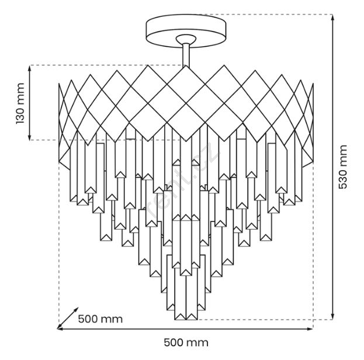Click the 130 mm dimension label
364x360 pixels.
point(20,103)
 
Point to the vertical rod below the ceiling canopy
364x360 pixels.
point(186,56)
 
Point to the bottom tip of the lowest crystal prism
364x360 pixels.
point(186,320)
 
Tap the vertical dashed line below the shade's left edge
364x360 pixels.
point(60,245)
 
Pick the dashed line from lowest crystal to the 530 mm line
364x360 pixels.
point(263,320)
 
